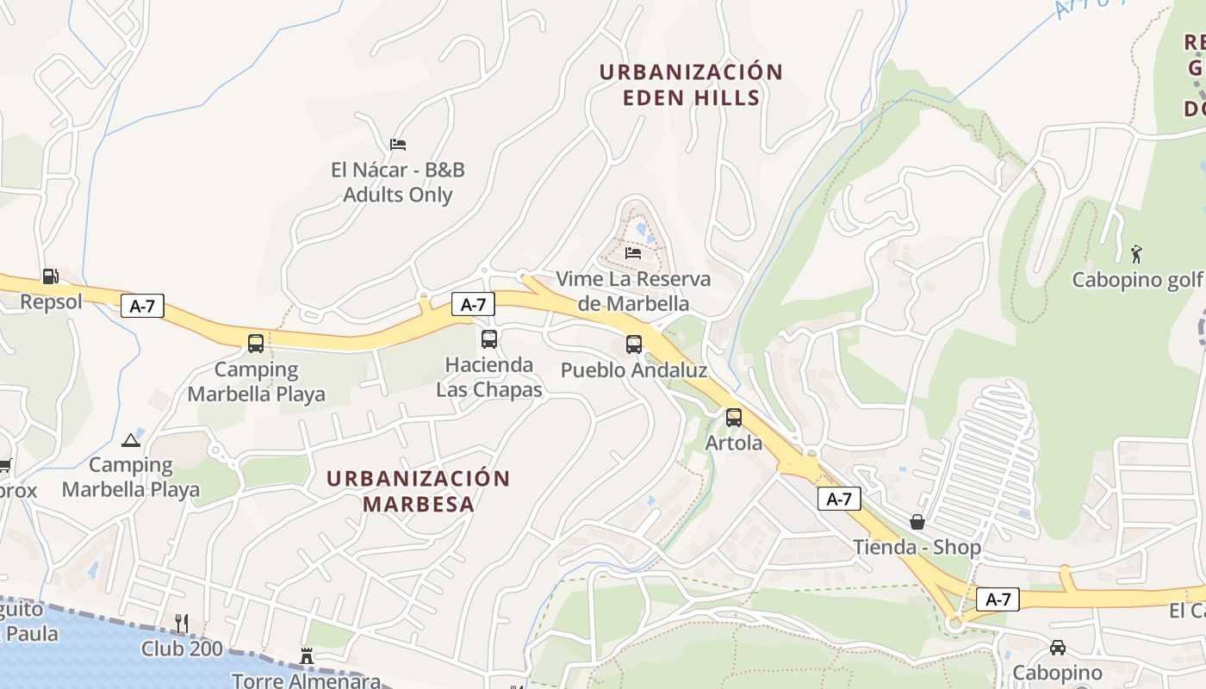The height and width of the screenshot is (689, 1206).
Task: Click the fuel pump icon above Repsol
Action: pyautogui.click(x=51, y=276)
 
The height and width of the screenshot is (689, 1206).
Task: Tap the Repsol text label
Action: pyautogui.click(x=51, y=301)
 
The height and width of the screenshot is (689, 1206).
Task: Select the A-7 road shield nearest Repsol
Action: pyautogui.click(x=142, y=306)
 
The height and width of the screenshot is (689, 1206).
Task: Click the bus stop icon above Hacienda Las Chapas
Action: pyautogui.click(x=489, y=339)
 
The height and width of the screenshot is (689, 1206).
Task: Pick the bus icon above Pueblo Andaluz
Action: pyautogui.click(x=634, y=344)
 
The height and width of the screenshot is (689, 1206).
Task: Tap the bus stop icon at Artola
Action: pyautogui.click(x=734, y=418)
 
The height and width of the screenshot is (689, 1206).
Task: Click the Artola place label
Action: pyautogui.click(x=734, y=443)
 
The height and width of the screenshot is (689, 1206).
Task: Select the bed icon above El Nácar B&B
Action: pyautogui.click(x=397, y=144)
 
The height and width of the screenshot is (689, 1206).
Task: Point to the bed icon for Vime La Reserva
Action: pyautogui.click(x=633, y=253)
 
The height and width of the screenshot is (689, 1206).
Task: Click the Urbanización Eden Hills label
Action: pyautogui.click(x=691, y=84)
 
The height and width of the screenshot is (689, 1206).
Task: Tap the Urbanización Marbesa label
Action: pyautogui.click(x=419, y=491)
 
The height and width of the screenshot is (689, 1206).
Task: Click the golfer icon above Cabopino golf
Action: pyautogui.click(x=1136, y=254)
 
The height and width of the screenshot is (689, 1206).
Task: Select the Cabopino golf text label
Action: pyautogui.click(x=1136, y=280)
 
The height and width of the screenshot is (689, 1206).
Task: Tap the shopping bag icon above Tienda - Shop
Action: pyautogui.click(x=917, y=522)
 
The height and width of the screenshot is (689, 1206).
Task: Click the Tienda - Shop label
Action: pyautogui.click(x=917, y=547)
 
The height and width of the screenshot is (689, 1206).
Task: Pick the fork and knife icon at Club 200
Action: pyautogui.click(x=182, y=623)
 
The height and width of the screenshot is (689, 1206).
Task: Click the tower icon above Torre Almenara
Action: pyautogui.click(x=306, y=656)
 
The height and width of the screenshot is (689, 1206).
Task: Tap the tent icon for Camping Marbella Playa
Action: pyautogui.click(x=131, y=440)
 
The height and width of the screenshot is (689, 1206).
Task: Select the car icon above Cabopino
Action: pyautogui.click(x=1057, y=647)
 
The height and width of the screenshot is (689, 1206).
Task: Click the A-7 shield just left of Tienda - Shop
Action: pyautogui.click(x=839, y=499)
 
